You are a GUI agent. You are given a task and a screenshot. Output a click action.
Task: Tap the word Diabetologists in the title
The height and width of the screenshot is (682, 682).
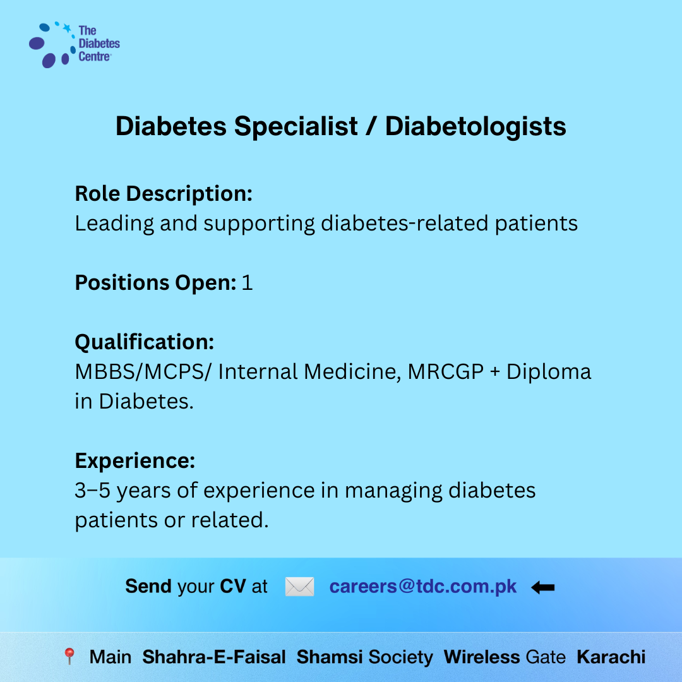coord(476,126)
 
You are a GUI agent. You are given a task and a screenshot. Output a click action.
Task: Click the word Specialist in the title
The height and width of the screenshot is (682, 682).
coord(296,126)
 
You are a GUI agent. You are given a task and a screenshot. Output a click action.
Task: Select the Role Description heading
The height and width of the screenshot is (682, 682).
coord(164,194)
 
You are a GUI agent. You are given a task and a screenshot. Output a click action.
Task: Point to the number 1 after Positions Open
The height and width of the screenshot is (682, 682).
coord(247,283)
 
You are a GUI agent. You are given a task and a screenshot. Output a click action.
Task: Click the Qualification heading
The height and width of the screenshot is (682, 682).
coord(145,342)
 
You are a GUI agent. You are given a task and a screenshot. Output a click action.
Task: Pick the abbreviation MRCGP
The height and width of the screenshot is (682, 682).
coord(446,372)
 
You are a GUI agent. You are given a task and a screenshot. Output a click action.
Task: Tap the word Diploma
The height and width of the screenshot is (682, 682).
coord(549,373)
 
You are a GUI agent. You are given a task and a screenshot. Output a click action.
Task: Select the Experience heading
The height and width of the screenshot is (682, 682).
coord(135,460)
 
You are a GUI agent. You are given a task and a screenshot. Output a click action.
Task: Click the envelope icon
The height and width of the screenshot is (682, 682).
coord(300,587)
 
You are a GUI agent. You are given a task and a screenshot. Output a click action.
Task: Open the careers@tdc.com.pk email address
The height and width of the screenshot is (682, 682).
coord(422,587)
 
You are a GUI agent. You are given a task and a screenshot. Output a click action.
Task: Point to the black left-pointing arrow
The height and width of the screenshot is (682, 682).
coord(543,588)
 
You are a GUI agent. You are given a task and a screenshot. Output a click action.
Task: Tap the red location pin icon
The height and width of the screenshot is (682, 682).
coord(69,656)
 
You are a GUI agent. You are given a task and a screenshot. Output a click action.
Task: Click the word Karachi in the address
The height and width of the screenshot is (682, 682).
coord(611,657)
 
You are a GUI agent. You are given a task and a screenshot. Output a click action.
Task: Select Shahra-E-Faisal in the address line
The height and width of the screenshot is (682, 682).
coord(214,657)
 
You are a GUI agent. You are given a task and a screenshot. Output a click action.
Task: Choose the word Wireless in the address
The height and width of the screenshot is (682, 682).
coord(481,657)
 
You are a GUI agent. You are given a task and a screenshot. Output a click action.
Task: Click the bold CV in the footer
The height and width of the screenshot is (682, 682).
coord(232,586)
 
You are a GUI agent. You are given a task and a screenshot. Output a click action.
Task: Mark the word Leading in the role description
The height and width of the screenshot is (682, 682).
coord(114,224)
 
